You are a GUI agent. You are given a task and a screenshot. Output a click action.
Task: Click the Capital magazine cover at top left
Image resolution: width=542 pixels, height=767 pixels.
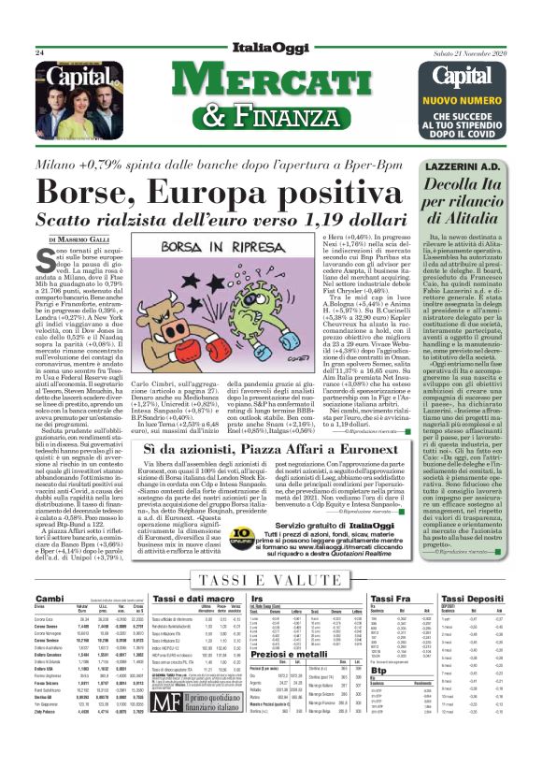point(70,90)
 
